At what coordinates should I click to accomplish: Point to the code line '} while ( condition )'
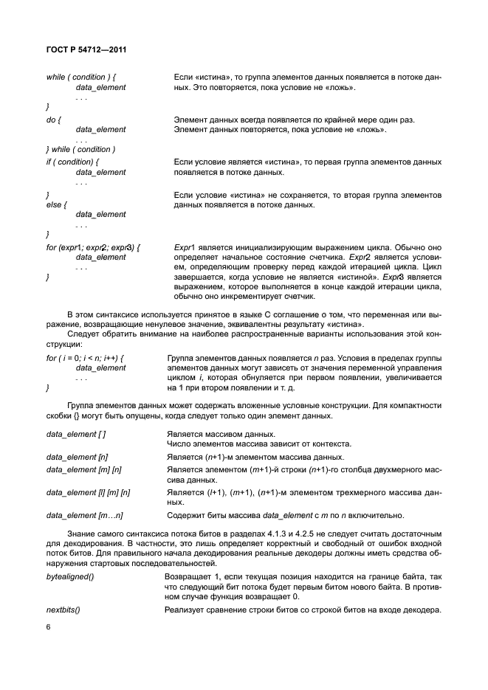pyautogui.click(x=80, y=150)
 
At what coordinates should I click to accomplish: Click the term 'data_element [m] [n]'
pyautogui.click(x=84, y=469)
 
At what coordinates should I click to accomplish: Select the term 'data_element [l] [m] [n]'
pyautogui.click(x=88, y=491)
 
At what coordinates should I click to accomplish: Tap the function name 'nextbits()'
pyautogui.click(x=63, y=609)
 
